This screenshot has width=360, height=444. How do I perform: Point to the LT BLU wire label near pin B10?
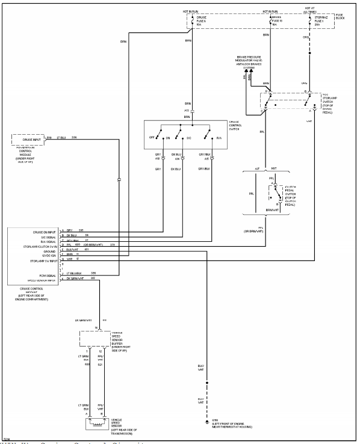click(x=61, y=138)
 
